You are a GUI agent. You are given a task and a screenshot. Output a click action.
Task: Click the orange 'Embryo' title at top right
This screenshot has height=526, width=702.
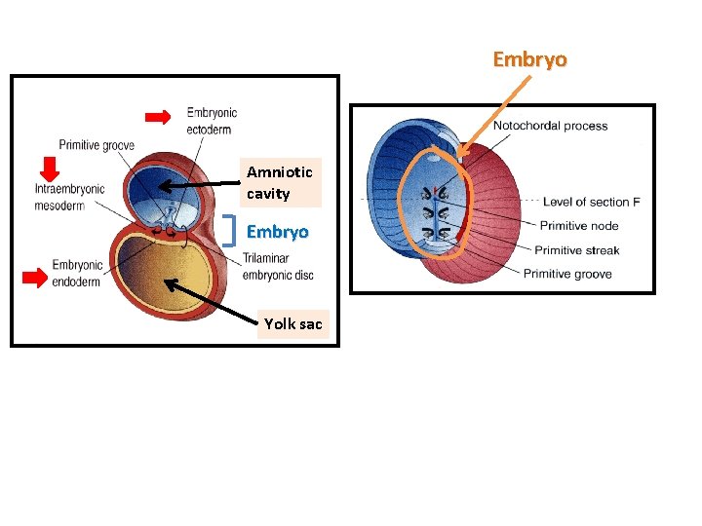529,59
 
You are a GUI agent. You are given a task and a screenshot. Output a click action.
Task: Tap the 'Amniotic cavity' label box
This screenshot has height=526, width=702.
280,183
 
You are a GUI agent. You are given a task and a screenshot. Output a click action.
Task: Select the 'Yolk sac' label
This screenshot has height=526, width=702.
292,324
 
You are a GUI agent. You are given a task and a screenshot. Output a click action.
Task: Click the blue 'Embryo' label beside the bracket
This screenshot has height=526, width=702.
277,233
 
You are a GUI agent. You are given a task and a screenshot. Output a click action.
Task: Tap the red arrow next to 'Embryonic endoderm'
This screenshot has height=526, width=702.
35,279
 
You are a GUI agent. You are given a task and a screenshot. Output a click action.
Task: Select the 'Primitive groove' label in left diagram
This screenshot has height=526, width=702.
97,145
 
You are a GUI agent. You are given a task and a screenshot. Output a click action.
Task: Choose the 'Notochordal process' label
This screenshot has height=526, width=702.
550,126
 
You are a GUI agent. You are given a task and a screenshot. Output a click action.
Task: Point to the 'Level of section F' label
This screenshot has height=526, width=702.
591,203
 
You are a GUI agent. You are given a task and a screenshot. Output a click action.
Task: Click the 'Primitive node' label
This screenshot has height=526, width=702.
578,226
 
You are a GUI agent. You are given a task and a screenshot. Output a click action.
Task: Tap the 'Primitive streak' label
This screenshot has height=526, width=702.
576,250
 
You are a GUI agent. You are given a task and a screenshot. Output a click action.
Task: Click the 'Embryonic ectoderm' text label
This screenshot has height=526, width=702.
212,120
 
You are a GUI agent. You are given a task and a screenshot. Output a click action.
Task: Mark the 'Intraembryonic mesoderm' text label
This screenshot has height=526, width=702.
68,197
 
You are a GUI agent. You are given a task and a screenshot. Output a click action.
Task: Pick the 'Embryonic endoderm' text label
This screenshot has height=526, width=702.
77,272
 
